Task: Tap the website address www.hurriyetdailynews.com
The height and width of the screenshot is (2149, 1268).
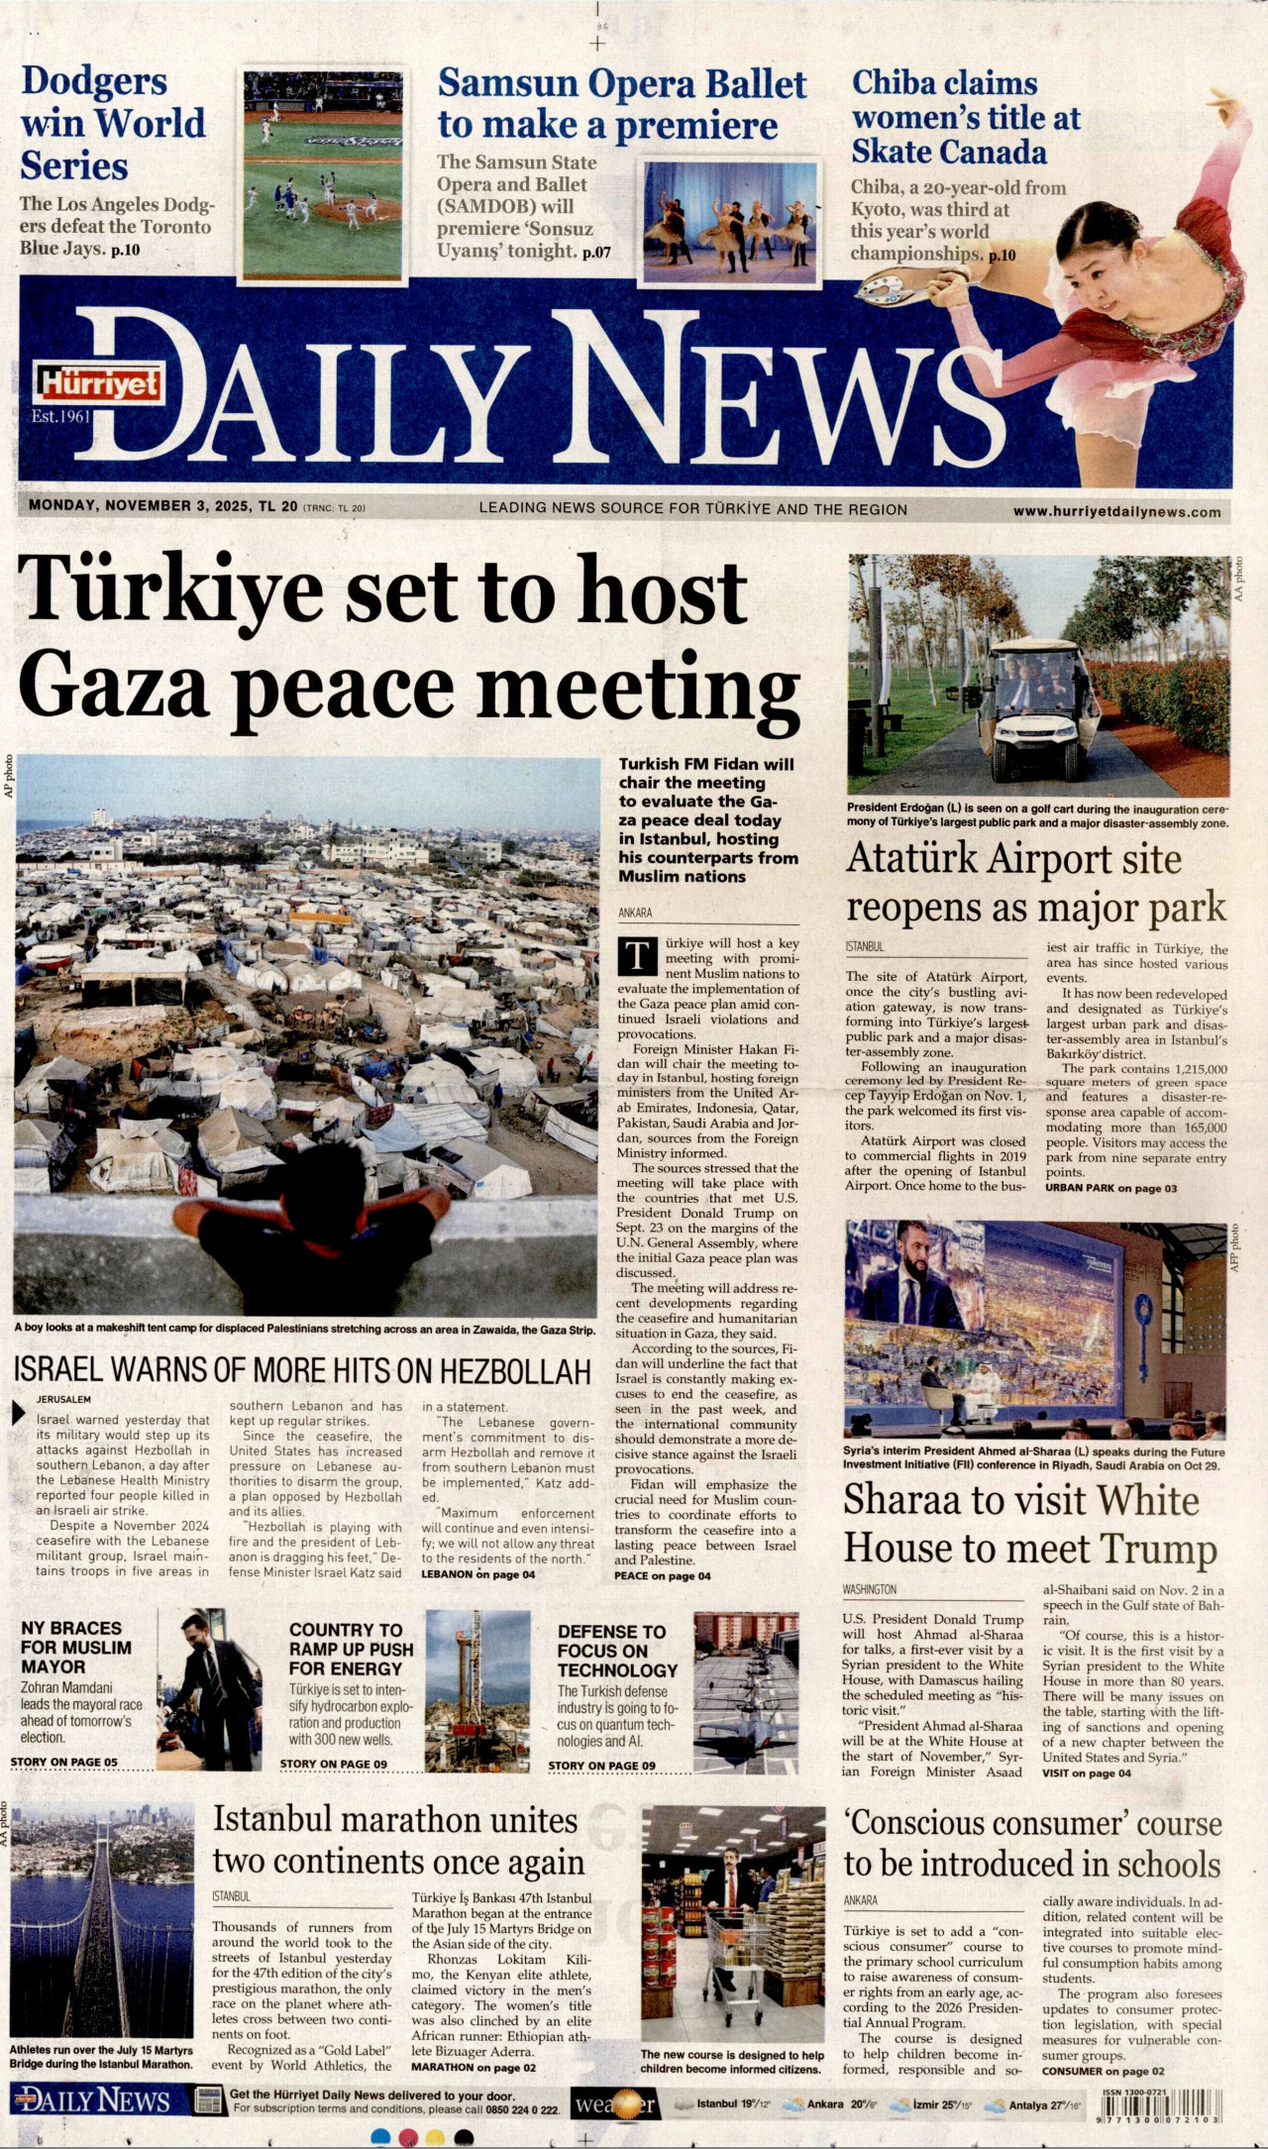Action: pos(1116,512)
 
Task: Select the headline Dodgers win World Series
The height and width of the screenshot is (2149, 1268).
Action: pos(114,124)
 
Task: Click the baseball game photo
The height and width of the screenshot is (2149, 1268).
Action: pos(323,174)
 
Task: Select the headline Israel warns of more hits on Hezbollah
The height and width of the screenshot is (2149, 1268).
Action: pos(302,1370)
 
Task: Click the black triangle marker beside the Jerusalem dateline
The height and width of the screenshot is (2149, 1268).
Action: pos(18,1414)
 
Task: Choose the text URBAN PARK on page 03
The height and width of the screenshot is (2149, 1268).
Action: pos(1110,1188)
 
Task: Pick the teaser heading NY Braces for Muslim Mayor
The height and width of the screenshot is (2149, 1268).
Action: pos(76,1647)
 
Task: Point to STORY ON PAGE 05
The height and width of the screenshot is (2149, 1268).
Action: pos(63,1762)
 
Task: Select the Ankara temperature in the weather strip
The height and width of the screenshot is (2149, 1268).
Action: pos(851,2104)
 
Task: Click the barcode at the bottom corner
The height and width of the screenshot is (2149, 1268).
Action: pos(1158,2104)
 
